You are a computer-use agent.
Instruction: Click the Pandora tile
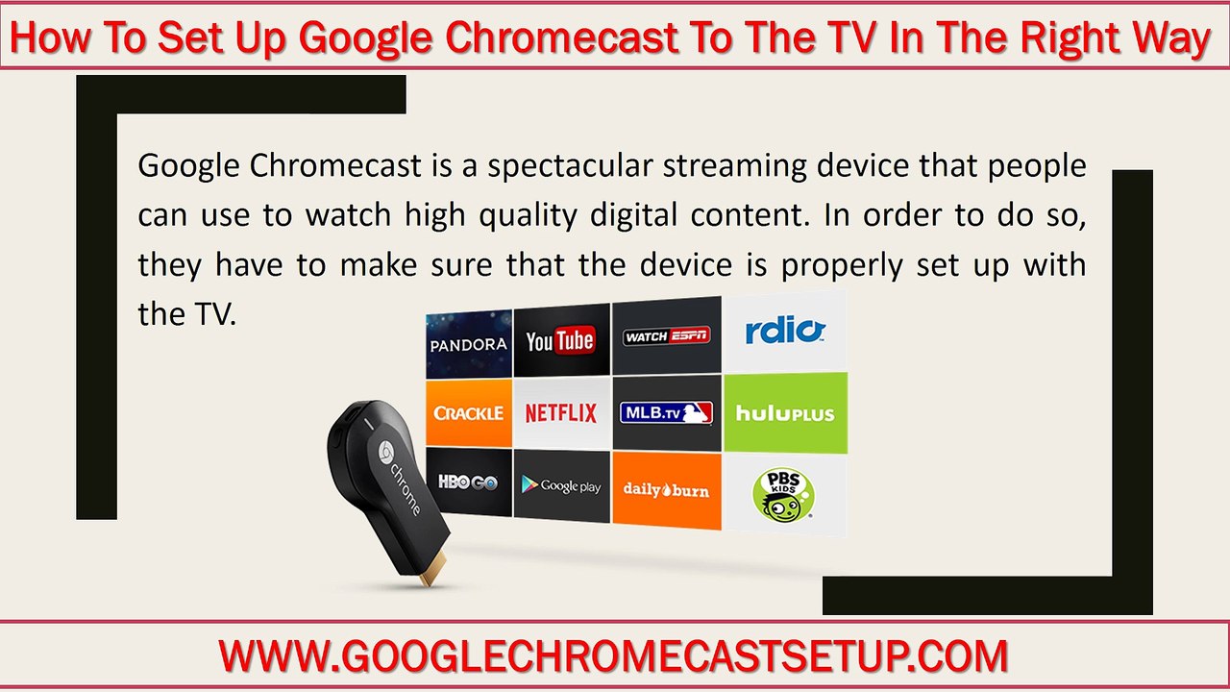coord(468,343)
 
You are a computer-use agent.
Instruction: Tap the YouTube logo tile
coord(561,340)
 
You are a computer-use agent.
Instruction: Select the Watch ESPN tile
coord(666,335)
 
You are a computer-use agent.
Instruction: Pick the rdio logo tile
coord(785,332)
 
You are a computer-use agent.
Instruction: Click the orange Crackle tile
coord(468,413)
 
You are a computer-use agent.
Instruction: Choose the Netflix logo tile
coord(561,413)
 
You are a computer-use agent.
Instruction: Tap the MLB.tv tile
coord(666,413)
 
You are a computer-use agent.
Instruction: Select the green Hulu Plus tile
coord(785,413)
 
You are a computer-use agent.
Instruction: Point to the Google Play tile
coord(561,486)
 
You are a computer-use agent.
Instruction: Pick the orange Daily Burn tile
coord(666,490)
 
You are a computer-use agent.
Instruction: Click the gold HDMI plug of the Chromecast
coord(431,574)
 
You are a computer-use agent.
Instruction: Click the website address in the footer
coord(613,656)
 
